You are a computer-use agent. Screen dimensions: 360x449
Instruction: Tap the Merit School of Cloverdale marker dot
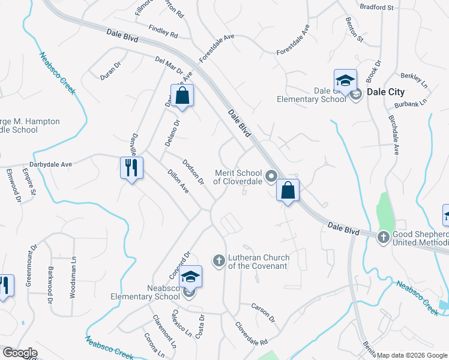[x=271, y=176]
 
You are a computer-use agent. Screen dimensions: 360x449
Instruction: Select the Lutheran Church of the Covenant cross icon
[x=219, y=260]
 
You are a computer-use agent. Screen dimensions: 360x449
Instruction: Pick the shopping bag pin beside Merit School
[x=288, y=190]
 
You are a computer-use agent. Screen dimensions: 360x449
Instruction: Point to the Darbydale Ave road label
[x=50, y=164]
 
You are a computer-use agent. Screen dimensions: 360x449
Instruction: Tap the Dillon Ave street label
[x=178, y=180]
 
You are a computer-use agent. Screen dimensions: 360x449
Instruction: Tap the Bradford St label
[x=376, y=8]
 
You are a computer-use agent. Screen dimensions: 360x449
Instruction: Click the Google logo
[x=20, y=353]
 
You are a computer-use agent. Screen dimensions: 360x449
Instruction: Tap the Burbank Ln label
[x=415, y=103]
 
